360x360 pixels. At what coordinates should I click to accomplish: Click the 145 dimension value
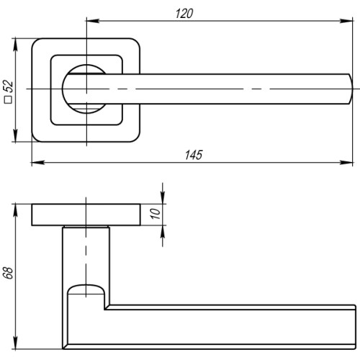pos(194,155)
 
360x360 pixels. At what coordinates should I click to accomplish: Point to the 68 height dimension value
pos(8,274)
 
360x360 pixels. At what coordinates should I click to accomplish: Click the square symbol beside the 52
pos(9,102)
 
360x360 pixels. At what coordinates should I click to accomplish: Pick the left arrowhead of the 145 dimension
pos(35,163)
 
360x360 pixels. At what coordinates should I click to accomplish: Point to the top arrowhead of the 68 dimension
pos(15,209)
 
